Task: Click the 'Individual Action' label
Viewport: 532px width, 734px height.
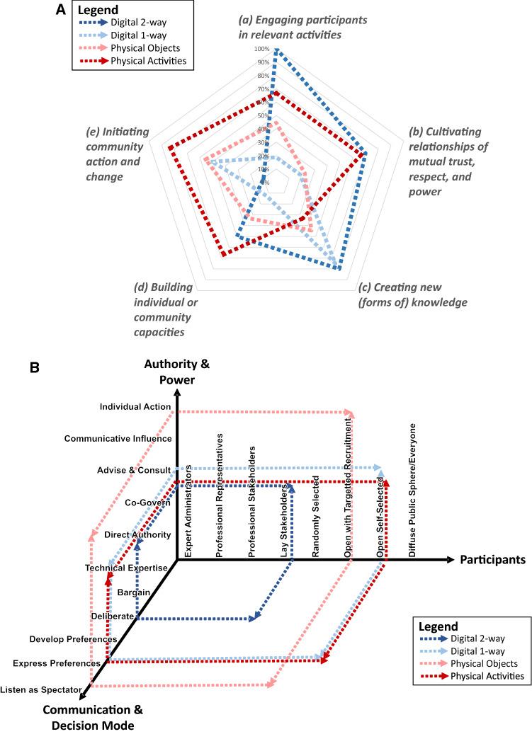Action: (x=135, y=407)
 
